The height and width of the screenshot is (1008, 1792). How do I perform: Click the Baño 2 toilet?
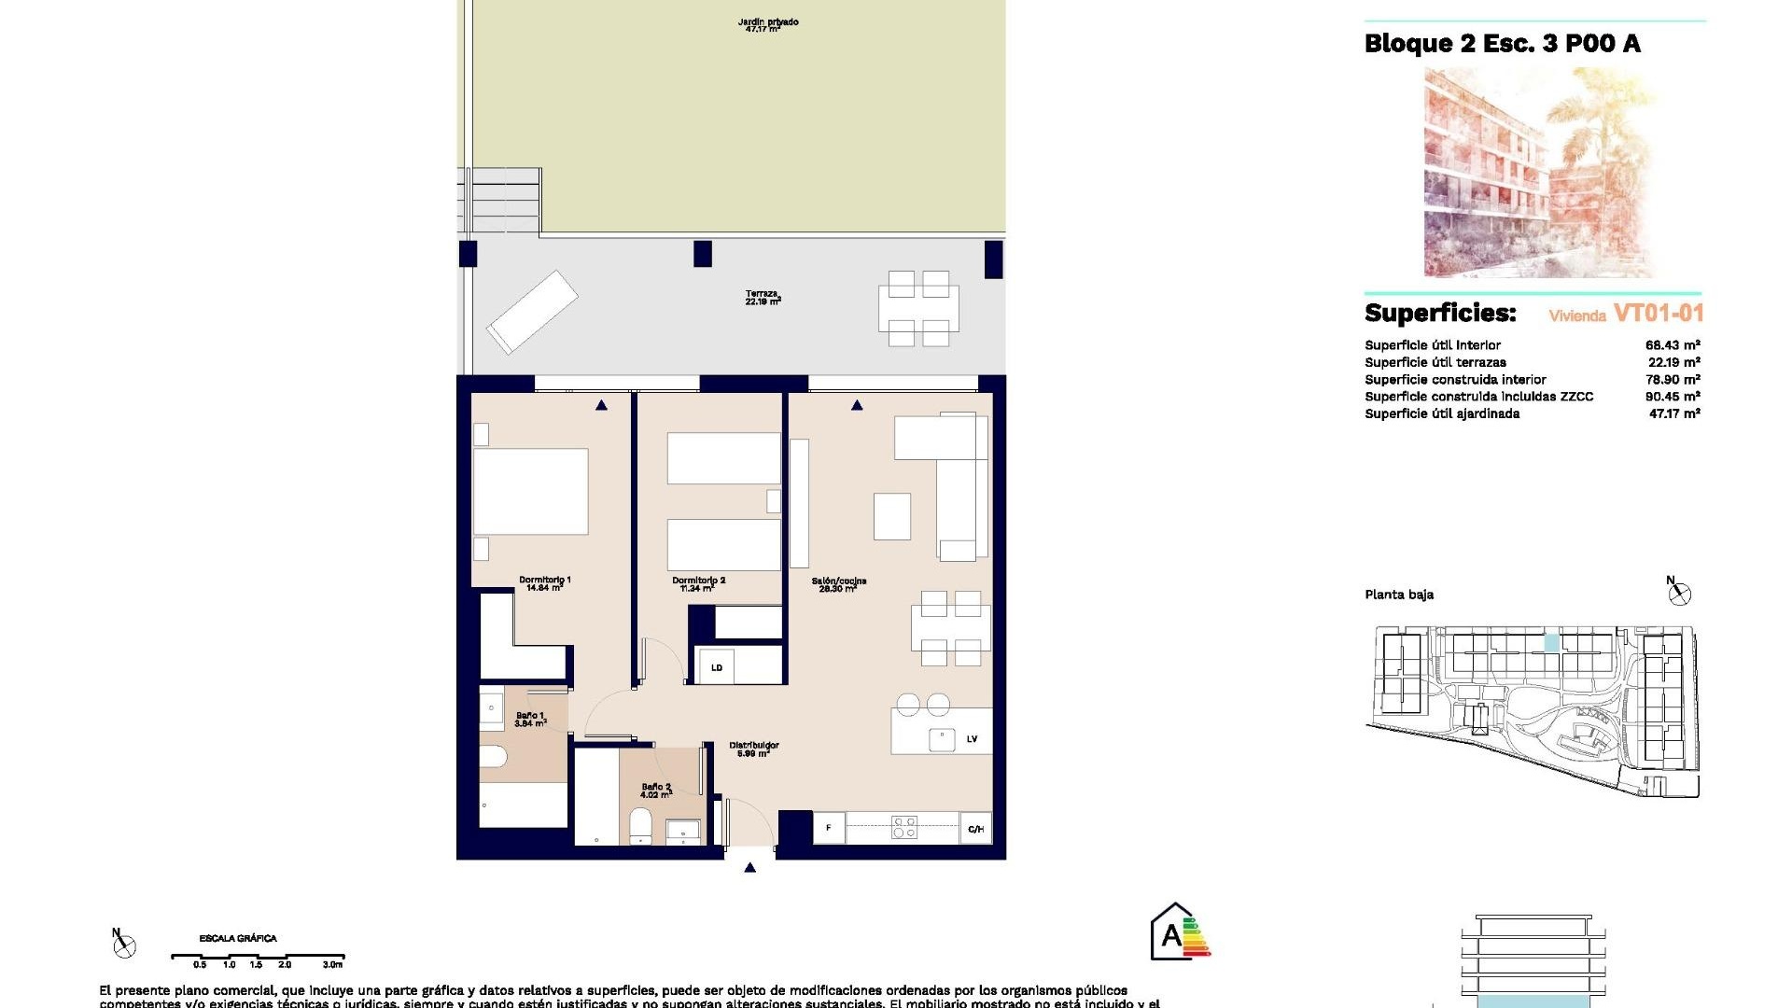[x=640, y=826]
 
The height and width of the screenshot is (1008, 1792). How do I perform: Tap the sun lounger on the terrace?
[x=531, y=312]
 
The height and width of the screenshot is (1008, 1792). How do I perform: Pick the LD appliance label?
[x=717, y=667]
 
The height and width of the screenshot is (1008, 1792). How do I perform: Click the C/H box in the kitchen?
[x=975, y=829]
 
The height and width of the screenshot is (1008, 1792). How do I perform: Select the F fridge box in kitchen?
[x=828, y=828]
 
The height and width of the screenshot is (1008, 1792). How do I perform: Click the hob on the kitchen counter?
[x=903, y=827]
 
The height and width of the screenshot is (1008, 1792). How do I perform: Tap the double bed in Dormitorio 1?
[x=530, y=491]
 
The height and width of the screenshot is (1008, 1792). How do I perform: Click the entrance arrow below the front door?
[x=749, y=868]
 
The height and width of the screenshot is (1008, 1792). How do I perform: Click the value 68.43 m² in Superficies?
[x=1672, y=345]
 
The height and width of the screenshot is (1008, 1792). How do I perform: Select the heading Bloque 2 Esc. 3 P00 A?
[x=1502, y=44]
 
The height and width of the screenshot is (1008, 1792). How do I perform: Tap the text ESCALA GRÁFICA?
[x=238, y=938]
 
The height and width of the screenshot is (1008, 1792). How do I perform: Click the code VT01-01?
[x=1658, y=314]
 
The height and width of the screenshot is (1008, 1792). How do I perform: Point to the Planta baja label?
[x=1398, y=595]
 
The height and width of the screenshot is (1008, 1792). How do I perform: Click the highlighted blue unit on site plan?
[x=1551, y=642]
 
